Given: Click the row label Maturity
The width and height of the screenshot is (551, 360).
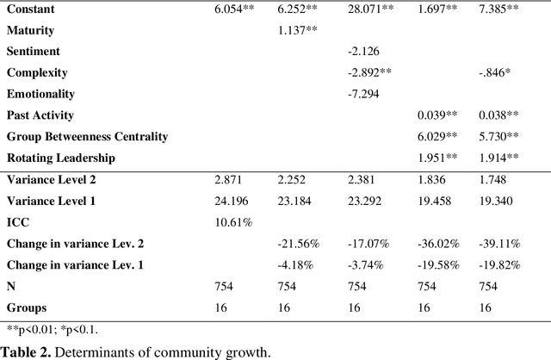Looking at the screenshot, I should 30,30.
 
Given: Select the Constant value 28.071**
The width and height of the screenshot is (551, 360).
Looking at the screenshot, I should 370,9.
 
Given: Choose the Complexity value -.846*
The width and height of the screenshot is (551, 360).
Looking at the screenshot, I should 497,72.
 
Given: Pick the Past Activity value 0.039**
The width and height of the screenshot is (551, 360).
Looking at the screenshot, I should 438,115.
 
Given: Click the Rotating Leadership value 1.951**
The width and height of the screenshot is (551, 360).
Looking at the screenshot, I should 438,157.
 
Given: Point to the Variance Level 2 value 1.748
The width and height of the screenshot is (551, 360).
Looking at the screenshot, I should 493,180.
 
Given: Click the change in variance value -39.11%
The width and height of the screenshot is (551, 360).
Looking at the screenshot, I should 499,244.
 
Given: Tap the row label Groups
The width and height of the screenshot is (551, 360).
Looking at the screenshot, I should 26,307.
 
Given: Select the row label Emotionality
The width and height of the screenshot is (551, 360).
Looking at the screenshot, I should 40,93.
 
